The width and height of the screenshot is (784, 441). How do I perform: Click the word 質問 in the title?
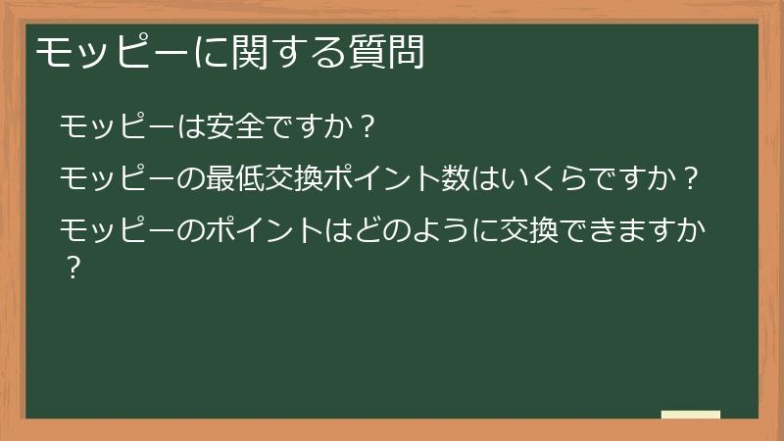click(392, 53)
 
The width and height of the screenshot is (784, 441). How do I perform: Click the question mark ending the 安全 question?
click(366, 127)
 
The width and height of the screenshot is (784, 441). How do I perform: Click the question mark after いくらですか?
click(691, 179)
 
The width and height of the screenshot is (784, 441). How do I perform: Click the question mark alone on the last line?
click(72, 268)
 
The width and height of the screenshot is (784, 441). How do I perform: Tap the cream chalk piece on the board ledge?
click(691, 415)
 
